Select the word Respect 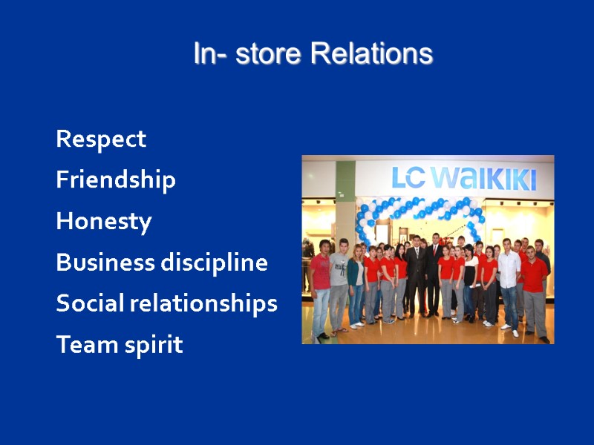[x=101, y=139]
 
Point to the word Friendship [x=116, y=180]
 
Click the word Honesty [x=104, y=222]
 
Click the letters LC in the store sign [x=409, y=178]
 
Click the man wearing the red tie [x=434, y=278]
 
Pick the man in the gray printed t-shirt [x=339, y=286]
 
